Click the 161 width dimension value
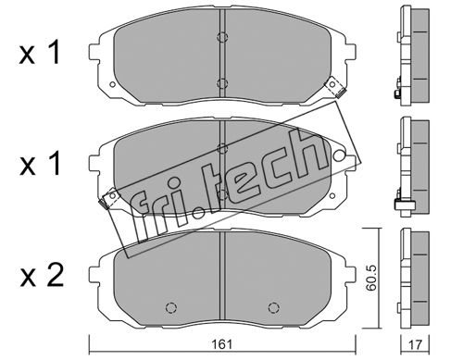222,344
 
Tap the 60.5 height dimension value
370,278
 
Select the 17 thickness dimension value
415,344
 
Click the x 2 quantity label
42,276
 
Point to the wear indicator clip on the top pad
334,87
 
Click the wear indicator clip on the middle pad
108,198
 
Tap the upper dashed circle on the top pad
222,37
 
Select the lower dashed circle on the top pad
222,83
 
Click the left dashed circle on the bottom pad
171,307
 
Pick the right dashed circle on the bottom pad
273,307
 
